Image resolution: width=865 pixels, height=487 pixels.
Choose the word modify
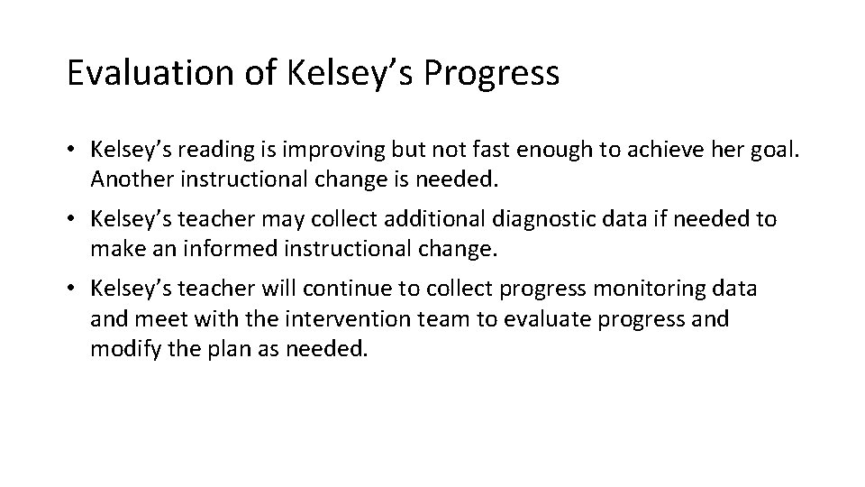(121, 349)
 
